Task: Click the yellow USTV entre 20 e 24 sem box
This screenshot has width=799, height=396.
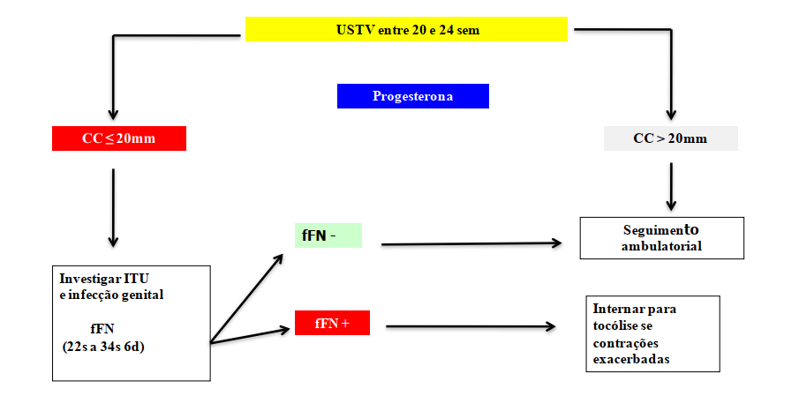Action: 406,29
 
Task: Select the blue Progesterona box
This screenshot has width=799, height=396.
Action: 412,96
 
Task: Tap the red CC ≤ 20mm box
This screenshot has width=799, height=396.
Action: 119,138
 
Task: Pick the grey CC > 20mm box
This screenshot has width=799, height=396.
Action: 670,138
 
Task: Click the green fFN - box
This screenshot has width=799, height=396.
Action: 328,235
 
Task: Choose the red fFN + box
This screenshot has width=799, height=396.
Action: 331,324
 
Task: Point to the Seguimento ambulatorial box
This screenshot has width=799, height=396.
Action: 661,237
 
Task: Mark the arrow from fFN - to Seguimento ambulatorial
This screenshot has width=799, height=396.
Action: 471,244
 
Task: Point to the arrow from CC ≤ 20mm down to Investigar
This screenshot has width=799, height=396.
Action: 113,206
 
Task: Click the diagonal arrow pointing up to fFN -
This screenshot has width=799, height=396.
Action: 247,298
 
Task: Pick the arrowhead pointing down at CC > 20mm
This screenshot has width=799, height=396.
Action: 671,114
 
